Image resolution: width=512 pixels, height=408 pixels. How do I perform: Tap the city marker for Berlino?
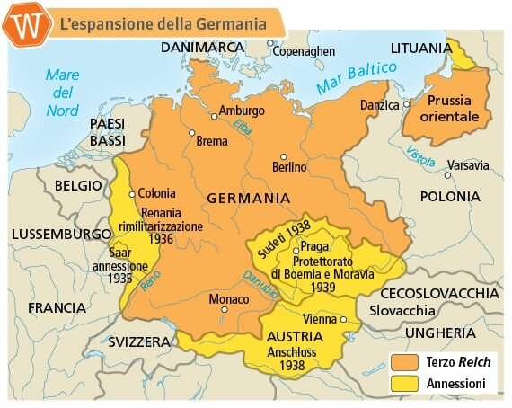pyautogui.click(x=284, y=155)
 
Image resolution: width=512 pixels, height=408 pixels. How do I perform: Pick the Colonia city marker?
pyautogui.click(x=132, y=193)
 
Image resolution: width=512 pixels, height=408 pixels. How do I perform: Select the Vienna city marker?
pyautogui.click(x=344, y=319)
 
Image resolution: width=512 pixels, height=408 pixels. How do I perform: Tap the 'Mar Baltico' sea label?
pyautogui.click(x=356, y=79)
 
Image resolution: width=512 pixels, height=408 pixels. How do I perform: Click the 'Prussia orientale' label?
pyautogui.click(x=455, y=108)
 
